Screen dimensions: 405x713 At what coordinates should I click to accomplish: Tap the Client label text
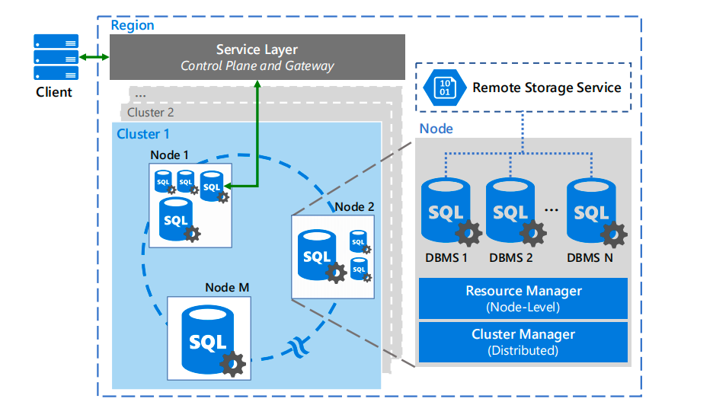[x=54, y=93]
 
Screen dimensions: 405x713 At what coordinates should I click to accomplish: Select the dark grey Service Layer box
[x=257, y=57]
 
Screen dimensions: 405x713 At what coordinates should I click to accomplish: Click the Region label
[x=133, y=25]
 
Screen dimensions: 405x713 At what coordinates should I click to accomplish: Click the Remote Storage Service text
[x=547, y=88]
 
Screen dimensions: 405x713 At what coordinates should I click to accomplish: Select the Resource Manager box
[x=523, y=298]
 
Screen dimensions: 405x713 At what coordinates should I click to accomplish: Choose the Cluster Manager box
[x=523, y=342]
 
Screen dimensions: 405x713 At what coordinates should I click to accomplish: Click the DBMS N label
[x=590, y=257]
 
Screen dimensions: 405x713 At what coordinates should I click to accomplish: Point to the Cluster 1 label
[x=143, y=134]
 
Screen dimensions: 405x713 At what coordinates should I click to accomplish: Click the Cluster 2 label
[x=150, y=113]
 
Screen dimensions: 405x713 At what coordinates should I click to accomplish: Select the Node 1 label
[x=170, y=155]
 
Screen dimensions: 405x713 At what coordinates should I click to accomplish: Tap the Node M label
[x=227, y=288]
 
